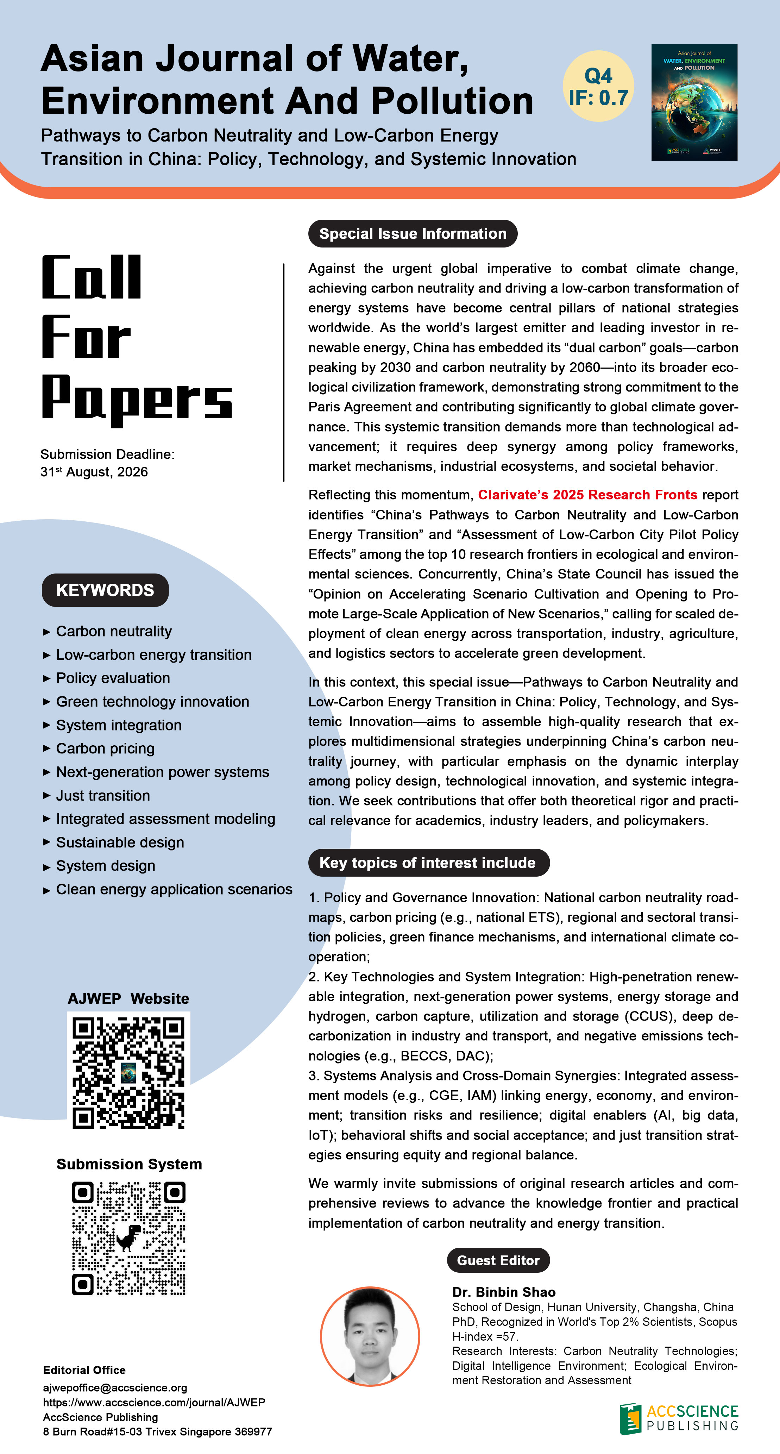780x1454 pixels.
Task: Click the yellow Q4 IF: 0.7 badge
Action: click(x=598, y=86)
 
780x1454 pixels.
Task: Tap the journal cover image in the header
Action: click(x=694, y=102)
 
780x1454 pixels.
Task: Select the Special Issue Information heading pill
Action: click(x=413, y=234)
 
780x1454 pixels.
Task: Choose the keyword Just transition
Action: click(x=103, y=795)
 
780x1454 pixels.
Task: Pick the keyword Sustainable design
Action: click(x=120, y=842)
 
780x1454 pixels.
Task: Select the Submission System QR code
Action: click(x=129, y=1239)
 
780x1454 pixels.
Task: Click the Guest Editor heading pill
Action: click(x=498, y=1260)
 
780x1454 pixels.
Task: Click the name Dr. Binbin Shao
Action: click(x=503, y=1292)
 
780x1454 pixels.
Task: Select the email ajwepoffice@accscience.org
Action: click(x=115, y=1387)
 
